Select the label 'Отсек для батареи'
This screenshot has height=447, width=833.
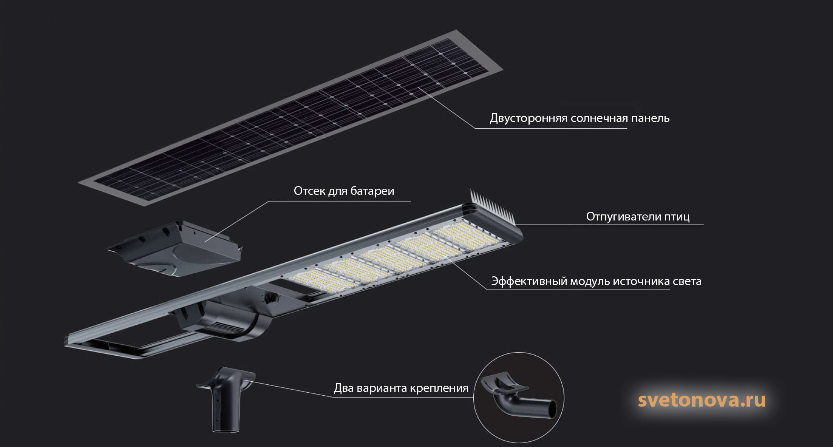[344, 191]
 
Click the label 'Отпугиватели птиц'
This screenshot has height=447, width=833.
[638, 217]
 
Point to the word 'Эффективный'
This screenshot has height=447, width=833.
[529, 282]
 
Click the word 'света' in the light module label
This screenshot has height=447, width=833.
[687, 282]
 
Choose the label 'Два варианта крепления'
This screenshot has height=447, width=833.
[401, 388]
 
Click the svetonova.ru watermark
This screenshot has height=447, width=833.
[702, 400]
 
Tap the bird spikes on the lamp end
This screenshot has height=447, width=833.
[491, 206]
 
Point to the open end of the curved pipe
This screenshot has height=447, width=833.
[552, 410]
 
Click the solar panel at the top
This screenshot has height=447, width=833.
[291, 119]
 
